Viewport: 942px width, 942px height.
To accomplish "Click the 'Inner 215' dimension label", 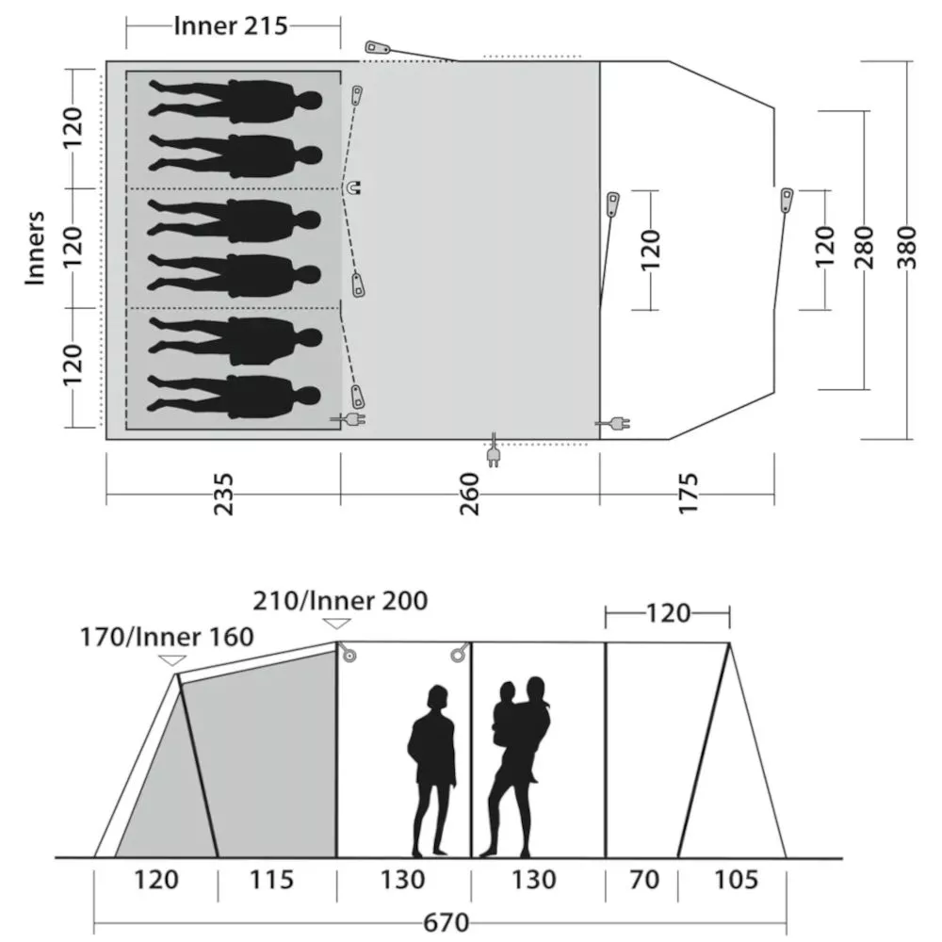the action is coord(231,26).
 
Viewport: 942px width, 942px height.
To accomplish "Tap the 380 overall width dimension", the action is coord(907,248).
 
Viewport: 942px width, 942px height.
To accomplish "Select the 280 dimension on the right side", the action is coord(864,248).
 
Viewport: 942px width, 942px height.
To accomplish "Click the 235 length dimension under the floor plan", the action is coord(223,494).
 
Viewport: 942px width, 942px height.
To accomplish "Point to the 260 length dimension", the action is coord(469,494).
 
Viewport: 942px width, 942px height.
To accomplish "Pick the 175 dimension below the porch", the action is coord(689,494).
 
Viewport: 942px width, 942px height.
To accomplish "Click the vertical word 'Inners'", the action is coord(35,248).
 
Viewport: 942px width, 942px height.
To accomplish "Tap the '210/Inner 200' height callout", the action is coord(340,600).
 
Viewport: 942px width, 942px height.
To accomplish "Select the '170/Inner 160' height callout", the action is coord(167,637).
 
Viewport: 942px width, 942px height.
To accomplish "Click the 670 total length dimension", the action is coord(446,922).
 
